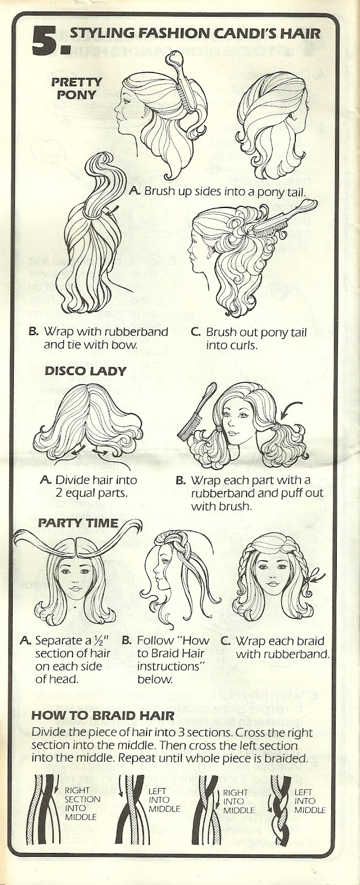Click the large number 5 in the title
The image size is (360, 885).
tap(46, 41)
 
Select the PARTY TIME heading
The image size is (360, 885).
tap(77, 522)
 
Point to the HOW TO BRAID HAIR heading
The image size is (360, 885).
tap(103, 715)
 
